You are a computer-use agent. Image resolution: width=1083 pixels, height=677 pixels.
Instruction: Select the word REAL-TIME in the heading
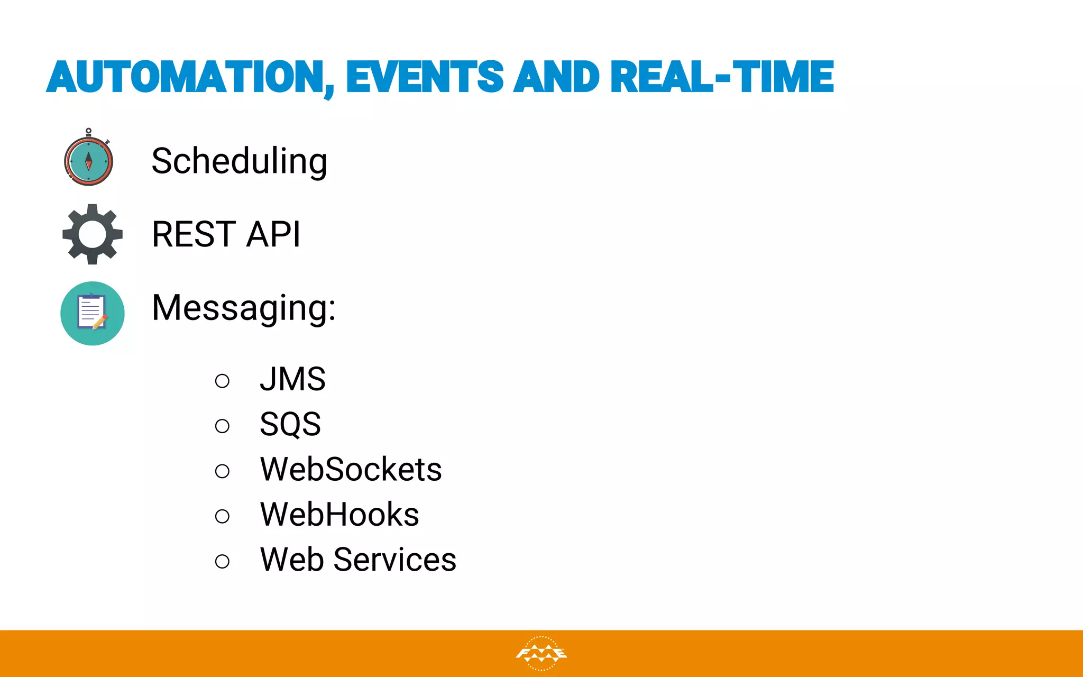coord(722,77)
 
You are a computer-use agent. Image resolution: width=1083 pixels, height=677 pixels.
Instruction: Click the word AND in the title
coord(557,77)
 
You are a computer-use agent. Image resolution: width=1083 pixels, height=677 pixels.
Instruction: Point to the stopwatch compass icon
coord(88,160)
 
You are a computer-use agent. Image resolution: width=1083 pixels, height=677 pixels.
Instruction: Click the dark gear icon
coord(93,234)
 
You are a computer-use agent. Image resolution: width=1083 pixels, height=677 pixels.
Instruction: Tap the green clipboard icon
coord(93,313)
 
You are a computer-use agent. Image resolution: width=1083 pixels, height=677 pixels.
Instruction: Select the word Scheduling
coord(239,161)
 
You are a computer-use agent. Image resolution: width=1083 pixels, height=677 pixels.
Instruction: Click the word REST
coord(194,234)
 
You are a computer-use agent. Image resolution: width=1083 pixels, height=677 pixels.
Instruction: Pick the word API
coord(273,234)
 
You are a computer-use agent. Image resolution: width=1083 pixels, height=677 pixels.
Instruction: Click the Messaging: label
coord(243,308)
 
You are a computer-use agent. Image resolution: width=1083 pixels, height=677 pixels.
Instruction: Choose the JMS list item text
coord(292,379)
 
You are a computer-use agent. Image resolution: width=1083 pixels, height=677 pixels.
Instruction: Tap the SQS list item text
coord(290,424)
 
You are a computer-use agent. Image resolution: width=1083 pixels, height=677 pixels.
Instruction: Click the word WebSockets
coord(351,469)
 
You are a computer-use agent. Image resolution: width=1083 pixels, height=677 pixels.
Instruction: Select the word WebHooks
coord(339,514)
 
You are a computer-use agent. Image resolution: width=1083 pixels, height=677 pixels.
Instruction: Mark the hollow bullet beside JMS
coord(223,381)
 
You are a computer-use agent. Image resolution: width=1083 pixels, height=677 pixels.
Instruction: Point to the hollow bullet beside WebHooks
coord(223,516)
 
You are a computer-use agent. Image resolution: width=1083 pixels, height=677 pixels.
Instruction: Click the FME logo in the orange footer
coord(541,654)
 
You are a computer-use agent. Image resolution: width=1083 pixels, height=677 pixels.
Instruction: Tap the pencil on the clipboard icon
coord(100,322)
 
